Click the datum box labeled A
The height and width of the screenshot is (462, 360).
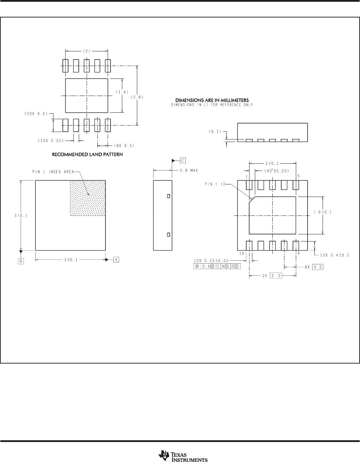click(116, 260)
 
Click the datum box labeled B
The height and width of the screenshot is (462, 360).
click(21, 261)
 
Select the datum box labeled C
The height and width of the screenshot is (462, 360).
click(182, 161)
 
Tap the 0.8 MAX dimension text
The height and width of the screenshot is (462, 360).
click(189, 170)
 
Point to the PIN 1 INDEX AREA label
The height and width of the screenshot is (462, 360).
click(53, 172)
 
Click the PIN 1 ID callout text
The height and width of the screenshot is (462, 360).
click(215, 184)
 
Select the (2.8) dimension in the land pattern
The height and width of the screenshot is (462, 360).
click(137, 97)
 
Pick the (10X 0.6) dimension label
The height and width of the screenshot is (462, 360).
click(36, 113)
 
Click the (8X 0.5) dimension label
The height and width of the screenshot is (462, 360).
click(124, 146)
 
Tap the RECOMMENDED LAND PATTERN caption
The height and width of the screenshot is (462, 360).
click(87, 154)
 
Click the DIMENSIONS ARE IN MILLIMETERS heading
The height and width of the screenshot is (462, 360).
click(212, 100)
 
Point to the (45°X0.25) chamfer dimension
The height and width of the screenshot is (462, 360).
click(277, 171)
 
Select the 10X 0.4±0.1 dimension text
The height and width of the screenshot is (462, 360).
click(334, 255)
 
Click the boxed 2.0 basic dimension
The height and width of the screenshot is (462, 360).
click(276, 276)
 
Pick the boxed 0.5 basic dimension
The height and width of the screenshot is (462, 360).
click(318, 267)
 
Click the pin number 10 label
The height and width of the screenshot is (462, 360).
click(242, 253)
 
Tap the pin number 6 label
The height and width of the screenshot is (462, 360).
click(299, 253)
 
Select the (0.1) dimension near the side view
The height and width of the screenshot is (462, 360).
click(215, 132)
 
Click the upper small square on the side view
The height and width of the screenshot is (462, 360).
click(169, 196)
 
